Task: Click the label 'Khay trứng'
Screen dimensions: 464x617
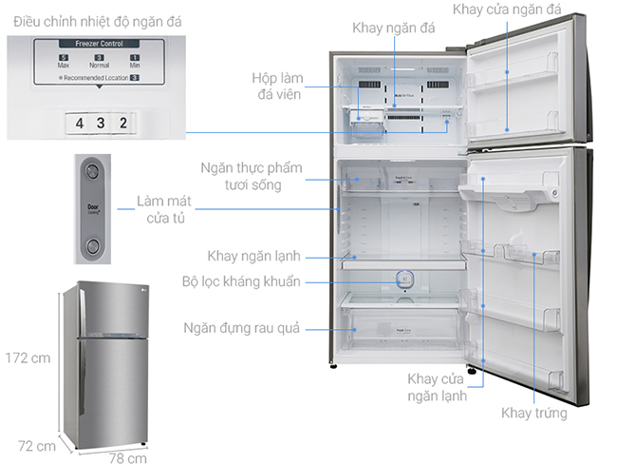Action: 535,414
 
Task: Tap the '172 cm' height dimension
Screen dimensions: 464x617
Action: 27,358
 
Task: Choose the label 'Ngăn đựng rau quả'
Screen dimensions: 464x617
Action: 242,328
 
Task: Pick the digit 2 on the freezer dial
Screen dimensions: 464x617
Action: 122,123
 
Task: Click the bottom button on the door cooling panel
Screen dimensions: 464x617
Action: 92,248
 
